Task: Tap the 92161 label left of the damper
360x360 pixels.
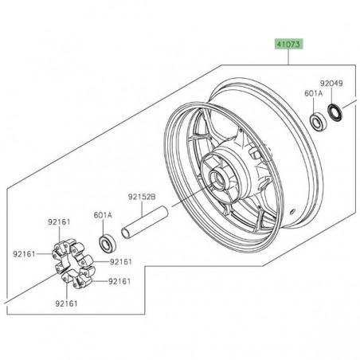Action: pos(25,254)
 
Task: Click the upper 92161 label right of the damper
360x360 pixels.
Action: pos(119,262)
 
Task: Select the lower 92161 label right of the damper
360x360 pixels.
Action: pos(119,281)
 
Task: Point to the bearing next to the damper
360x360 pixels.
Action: pos(105,241)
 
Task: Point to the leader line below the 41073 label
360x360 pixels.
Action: pos(288,58)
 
